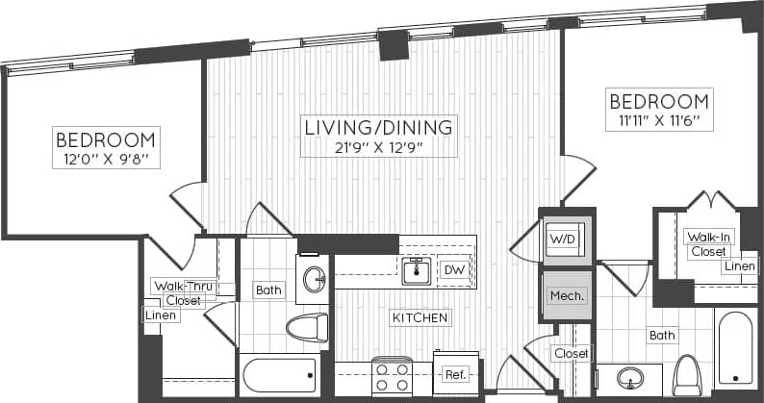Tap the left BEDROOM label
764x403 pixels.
(x=105, y=139)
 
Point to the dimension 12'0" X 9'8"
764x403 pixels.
(x=105, y=159)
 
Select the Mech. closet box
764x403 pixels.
(x=565, y=296)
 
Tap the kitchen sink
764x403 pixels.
(x=416, y=271)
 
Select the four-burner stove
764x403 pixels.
(x=393, y=376)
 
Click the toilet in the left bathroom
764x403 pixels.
(x=307, y=327)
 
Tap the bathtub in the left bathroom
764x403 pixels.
(x=280, y=376)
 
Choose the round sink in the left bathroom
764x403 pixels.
(x=314, y=280)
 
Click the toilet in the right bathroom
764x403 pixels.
(x=688, y=374)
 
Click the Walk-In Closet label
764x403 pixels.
(x=706, y=243)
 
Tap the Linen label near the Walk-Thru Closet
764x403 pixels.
(x=159, y=315)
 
